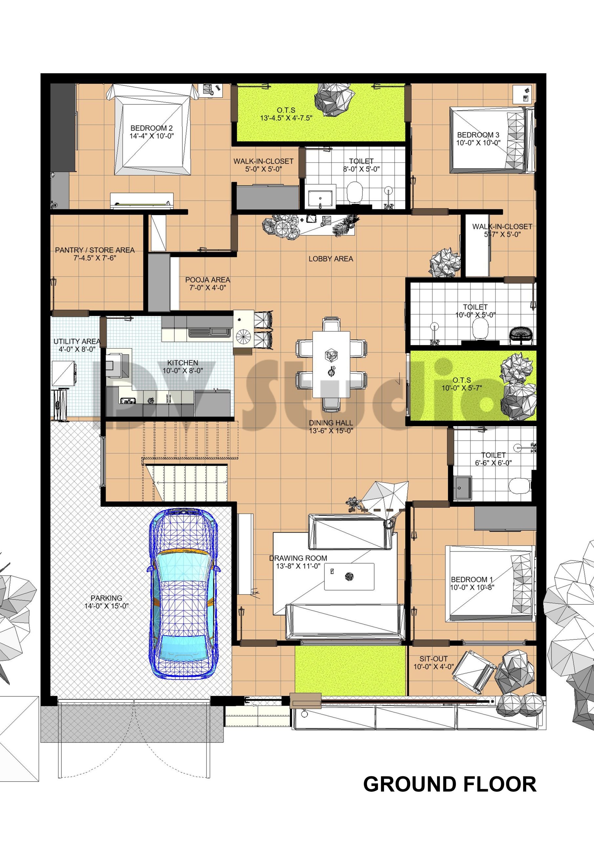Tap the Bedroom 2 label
[x=151, y=128]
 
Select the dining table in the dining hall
[x=331, y=364]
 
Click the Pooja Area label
[x=207, y=280]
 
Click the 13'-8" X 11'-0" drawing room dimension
[x=298, y=566]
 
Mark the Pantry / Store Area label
[x=95, y=250]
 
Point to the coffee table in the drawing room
[x=349, y=577]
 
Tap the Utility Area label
[x=77, y=341]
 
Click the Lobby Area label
[x=330, y=259]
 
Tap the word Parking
[x=107, y=598]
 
